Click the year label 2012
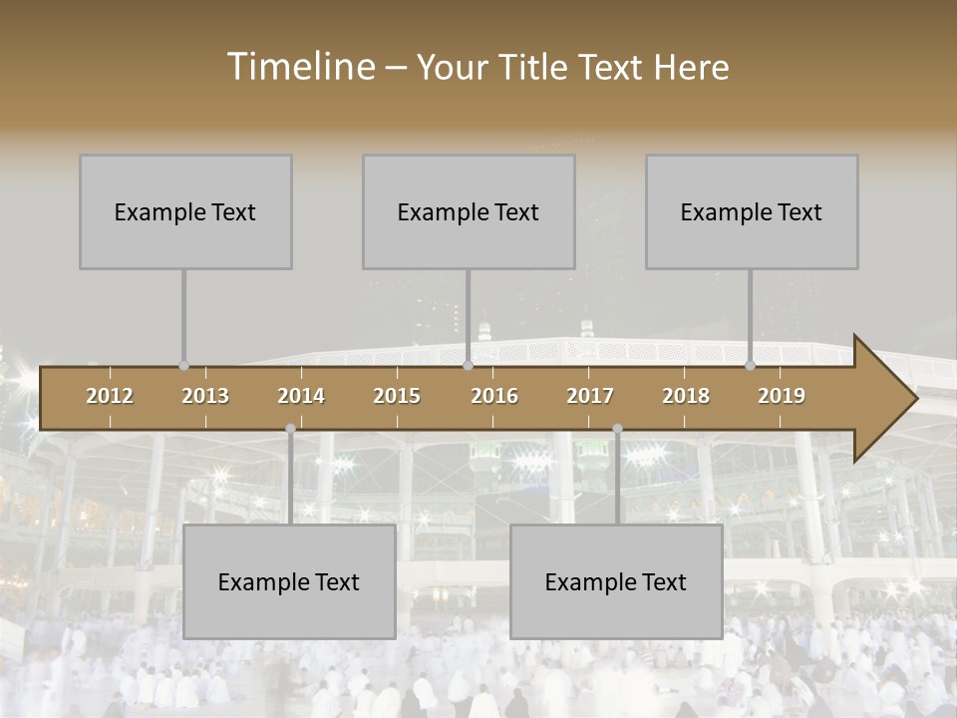pos(110,396)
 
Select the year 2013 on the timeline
pos(205,396)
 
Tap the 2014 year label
pos(301,396)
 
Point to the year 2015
pos(397,396)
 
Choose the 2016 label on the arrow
pos(494,396)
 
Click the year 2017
pos(590,396)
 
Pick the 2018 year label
pos(686,396)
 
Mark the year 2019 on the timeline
pos(782,396)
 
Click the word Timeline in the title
pos(299,67)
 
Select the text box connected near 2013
pos(185,211)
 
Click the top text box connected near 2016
pos(469,211)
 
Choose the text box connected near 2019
pos(752,211)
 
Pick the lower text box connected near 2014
pos(289,581)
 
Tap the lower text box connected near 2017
pos(616,581)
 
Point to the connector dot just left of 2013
pos(183,365)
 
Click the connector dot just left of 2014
pos(290,429)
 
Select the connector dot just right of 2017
pos(617,429)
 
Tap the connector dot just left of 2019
pos(751,365)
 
